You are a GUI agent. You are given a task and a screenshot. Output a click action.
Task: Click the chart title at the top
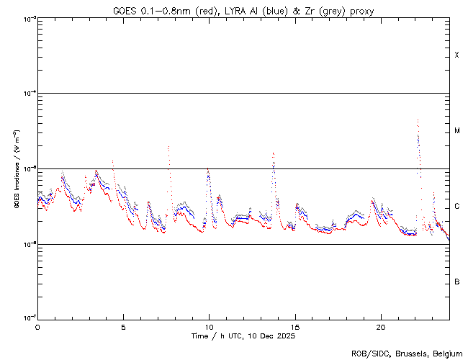point(243,10)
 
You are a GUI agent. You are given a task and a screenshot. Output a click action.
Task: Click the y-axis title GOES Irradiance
point(16,169)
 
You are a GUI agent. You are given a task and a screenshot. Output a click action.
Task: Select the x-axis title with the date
point(243,336)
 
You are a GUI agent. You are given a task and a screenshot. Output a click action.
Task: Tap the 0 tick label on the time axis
point(37,326)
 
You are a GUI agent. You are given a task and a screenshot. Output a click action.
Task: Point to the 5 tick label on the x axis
point(123,326)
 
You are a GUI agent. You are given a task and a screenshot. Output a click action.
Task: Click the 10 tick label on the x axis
point(209,326)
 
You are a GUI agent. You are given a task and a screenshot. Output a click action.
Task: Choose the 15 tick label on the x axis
point(295,326)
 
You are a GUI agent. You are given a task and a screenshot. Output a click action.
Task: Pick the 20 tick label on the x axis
point(381,326)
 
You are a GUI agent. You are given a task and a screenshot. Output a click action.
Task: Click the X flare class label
point(456,55)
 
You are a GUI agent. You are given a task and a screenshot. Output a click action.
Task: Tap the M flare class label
point(456,130)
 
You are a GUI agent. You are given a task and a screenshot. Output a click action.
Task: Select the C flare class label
point(456,207)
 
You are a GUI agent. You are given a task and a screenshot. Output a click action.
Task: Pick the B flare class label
point(456,282)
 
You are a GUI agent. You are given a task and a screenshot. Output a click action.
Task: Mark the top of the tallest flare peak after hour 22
point(418,120)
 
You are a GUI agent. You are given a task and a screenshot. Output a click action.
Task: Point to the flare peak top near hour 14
point(273,153)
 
